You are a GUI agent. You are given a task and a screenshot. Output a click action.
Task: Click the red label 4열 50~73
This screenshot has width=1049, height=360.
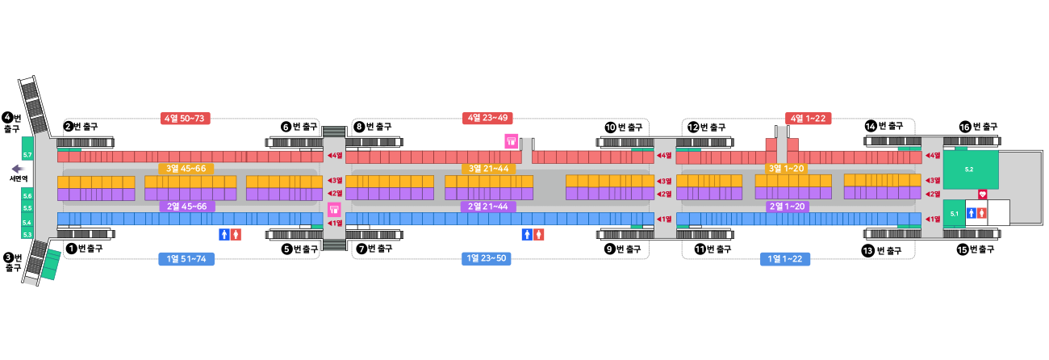tap(186, 119)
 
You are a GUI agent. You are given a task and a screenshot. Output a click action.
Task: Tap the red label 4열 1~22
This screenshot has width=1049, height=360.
tap(809, 118)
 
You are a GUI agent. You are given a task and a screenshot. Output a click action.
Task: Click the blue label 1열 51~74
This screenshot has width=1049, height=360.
tap(186, 259)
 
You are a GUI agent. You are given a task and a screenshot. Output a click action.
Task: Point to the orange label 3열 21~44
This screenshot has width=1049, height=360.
tap(489, 169)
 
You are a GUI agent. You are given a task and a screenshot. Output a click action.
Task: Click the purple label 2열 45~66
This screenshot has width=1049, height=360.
tap(187, 207)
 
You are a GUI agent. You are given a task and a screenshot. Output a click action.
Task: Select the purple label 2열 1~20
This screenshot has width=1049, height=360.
tap(787, 207)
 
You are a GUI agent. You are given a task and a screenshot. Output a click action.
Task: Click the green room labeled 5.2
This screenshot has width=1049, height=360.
tap(970, 170)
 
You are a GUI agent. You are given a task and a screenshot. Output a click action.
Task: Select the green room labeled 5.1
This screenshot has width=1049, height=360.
tap(954, 214)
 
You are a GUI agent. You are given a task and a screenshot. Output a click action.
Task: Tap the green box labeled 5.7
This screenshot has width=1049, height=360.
tap(27, 153)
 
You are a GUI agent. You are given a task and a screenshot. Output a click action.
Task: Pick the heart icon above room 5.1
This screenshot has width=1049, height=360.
tap(982, 195)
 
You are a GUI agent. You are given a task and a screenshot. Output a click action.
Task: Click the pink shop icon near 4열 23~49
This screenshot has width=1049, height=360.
tap(511, 141)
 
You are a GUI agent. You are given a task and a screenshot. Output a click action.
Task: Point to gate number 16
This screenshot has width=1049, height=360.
tap(964, 128)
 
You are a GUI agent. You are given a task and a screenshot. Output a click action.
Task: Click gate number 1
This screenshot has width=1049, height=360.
tap(73, 249)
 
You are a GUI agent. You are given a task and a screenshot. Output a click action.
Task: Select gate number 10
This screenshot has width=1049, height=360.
tap(610, 128)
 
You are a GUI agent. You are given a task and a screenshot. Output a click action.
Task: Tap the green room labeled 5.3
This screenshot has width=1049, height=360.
tap(27, 234)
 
